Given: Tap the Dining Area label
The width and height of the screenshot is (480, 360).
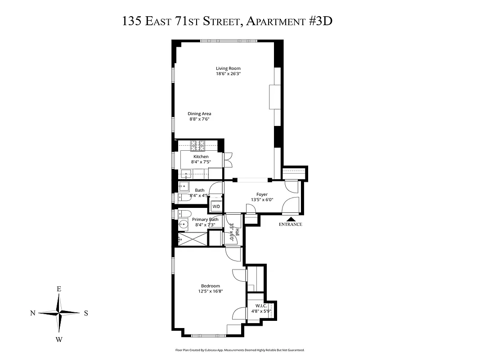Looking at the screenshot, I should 199,114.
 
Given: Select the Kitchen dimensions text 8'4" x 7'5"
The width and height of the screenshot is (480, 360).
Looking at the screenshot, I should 201,162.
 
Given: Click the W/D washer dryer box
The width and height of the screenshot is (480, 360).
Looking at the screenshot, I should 216,207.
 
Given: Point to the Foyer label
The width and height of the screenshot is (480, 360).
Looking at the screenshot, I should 262,194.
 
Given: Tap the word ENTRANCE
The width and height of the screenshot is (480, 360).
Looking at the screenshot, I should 290,224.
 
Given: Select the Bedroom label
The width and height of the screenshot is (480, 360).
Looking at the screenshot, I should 210,286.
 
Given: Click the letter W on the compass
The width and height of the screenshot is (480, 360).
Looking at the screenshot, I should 59,339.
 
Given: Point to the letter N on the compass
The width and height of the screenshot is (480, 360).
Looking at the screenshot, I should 33,314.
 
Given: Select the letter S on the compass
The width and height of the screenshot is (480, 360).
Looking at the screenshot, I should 86,314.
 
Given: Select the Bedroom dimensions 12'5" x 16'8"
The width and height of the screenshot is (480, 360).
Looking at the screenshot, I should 210,292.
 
